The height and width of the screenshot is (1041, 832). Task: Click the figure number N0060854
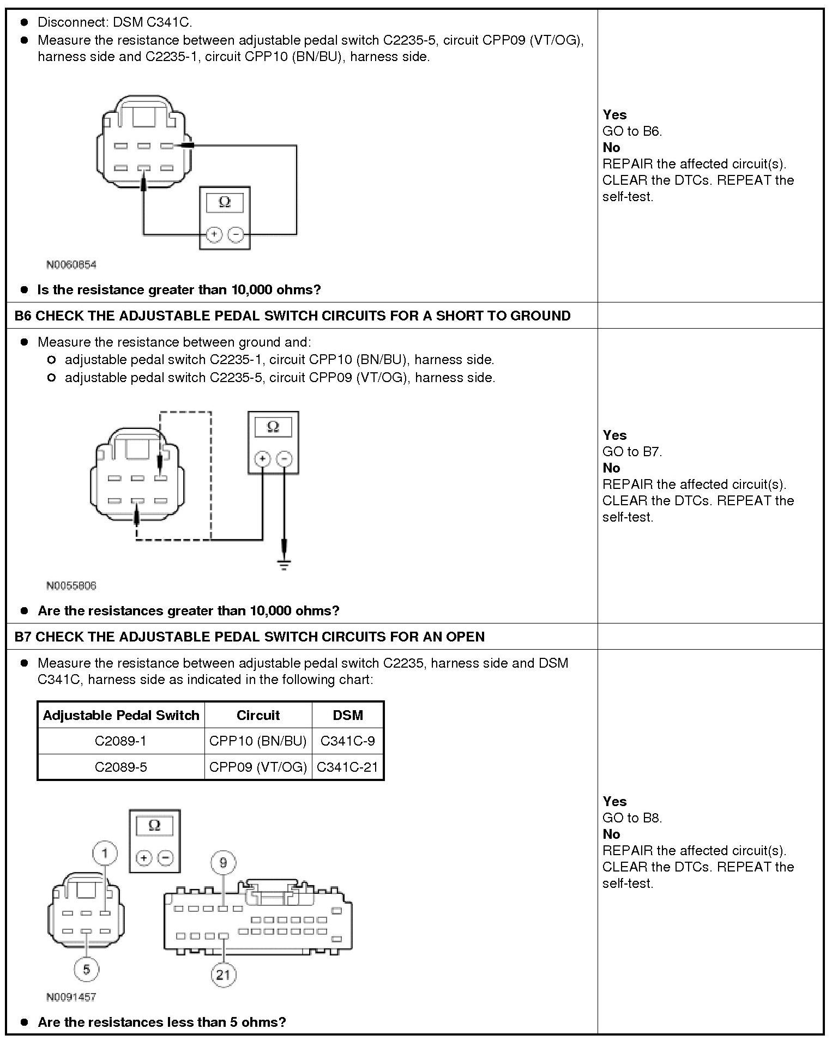(x=71, y=265)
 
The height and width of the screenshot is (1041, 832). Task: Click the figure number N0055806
(x=71, y=586)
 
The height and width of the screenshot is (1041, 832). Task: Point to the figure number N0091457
(x=71, y=997)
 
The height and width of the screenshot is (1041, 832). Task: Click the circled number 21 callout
(x=224, y=974)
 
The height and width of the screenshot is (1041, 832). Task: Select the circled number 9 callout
(x=223, y=862)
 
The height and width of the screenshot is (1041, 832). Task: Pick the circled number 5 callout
(x=87, y=969)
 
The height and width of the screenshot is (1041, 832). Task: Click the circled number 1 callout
(x=105, y=852)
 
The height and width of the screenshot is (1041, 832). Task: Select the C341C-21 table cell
(x=347, y=767)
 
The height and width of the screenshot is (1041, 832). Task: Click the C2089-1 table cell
(x=120, y=741)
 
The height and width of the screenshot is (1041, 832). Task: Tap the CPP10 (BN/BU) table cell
(x=258, y=741)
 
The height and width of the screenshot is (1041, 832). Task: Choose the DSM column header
(x=347, y=715)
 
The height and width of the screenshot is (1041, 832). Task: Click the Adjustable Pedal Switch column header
(x=121, y=715)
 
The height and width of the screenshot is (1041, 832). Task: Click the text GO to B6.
(x=632, y=131)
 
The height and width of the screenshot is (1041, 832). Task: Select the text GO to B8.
(x=632, y=818)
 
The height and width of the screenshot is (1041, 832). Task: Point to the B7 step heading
(x=249, y=637)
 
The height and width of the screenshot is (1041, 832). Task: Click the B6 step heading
(x=292, y=316)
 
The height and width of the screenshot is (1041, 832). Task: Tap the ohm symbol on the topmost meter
(x=225, y=203)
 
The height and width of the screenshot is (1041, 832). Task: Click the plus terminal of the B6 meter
(x=262, y=459)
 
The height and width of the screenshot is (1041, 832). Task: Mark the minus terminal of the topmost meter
(x=236, y=234)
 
